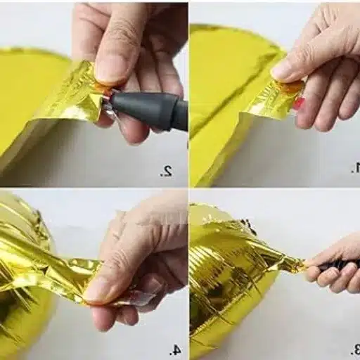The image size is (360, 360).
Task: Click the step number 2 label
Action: [x=166, y=170]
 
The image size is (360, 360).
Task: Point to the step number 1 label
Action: [x=354, y=169]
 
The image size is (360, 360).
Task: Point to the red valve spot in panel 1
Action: [x=298, y=103]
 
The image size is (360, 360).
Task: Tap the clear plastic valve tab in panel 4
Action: [x=144, y=298]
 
